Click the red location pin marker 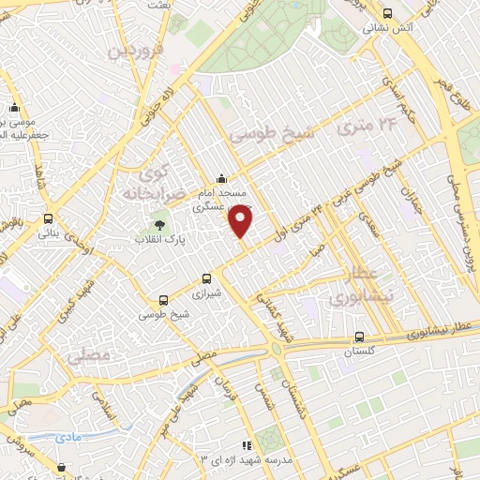coord(241,219)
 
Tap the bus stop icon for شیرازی coord(208,278)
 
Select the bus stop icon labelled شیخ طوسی coord(164,301)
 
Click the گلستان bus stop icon coord(360,337)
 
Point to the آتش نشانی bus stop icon coord(388,13)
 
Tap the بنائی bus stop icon coord(48,218)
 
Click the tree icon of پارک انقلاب coord(158,224)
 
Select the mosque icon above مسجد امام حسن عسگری coord(221,179)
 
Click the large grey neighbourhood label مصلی coord(89,356)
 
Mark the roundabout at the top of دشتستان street coord(277,350)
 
